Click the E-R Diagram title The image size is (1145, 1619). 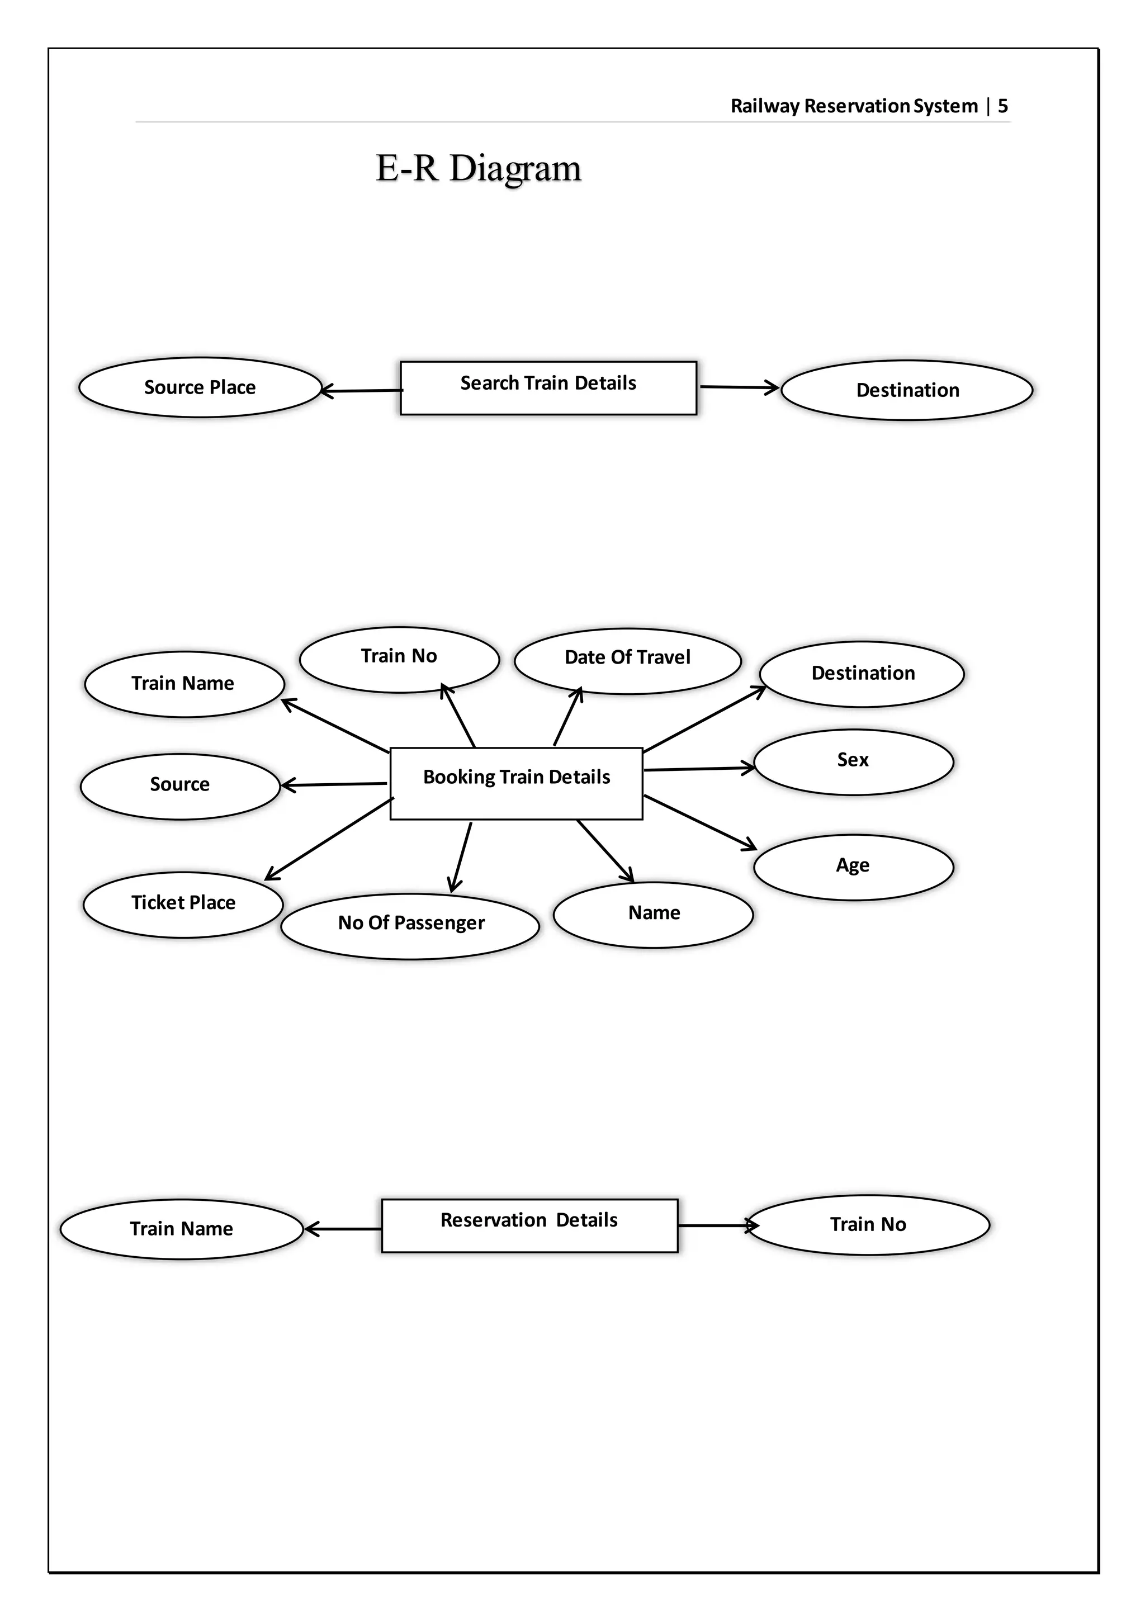(x=478, y=168)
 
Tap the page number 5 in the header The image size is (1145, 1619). (x=1002, y=106)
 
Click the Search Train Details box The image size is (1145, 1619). (x=548, y=388)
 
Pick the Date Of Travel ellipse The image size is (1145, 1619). (x=627, y=661)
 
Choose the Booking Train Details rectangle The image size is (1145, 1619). (x=516, y=783)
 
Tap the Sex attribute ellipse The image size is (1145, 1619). (x=853, y=761)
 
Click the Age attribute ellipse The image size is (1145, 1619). (x=853, y=867)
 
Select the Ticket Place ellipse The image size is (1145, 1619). (x=183, y=904)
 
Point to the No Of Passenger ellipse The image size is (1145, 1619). (x=410, y=926)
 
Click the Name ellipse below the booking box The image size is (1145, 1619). (x=654, y=915)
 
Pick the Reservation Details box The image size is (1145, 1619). (x=529, y=1225)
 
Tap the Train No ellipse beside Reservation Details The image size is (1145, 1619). (x=868, y=1225)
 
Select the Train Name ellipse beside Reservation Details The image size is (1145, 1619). (x=181, y=1229)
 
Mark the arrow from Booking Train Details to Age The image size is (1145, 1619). (x=699, y=821)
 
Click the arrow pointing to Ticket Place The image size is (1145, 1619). (x=329, y=839)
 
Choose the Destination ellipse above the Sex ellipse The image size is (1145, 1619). (x=862, y=674)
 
